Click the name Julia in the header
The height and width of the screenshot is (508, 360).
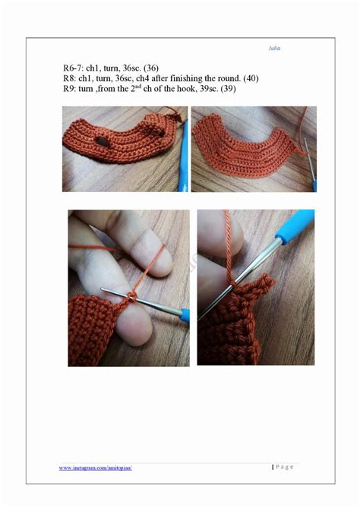tap(275, 47)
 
